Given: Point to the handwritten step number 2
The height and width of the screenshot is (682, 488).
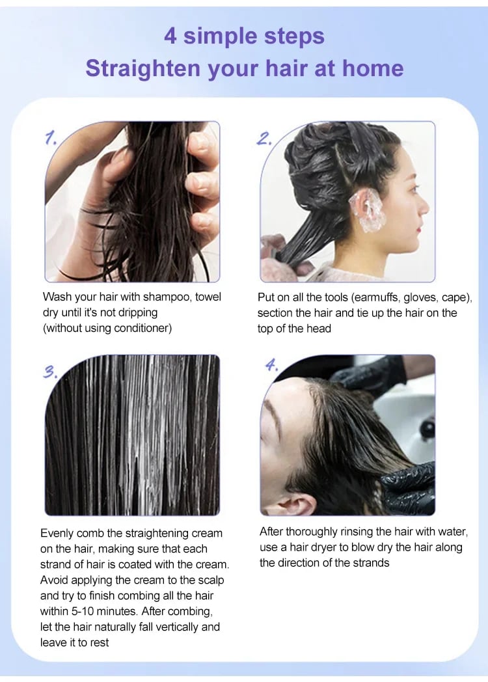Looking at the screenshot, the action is [x=264, y=139].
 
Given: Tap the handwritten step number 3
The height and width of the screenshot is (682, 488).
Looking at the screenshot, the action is [x=50, y=372].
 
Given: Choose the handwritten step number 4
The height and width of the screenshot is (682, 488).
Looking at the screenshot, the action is [x=271, y=364].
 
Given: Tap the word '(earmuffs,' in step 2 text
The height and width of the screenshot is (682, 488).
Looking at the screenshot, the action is [x=375, y=297].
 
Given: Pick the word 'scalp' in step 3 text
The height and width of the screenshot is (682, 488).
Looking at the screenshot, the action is [x=211, y=580].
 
